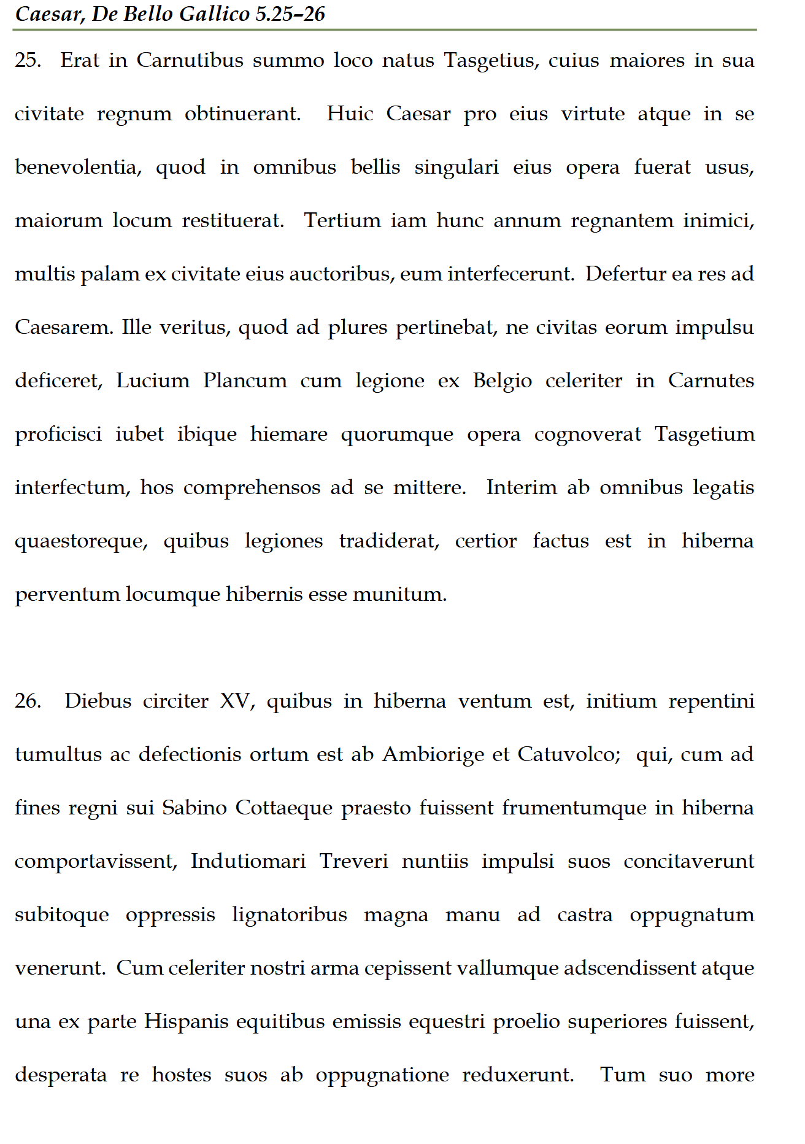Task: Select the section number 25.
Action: pyautogui.click(x=28, y=61)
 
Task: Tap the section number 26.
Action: pyautogui.click(x=28, y=701)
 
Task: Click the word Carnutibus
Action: pyautogui.click(x=190, y=61)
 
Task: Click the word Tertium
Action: pyautogui.click(x=342, y=221)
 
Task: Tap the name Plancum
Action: pyautogui.click(x=245, y=381)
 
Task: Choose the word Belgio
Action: pyautogui.click(x=502, y=381)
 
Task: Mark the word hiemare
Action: pyautogui.click(x=288, y=435)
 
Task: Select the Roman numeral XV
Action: pyautogui.click(x=236, y=701)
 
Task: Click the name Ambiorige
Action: pyautogui.click(x=433, y=754)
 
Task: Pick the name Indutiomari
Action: pyautogui.click(x=248, y=861)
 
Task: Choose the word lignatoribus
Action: pyautogui.click(x=289, y=914)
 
